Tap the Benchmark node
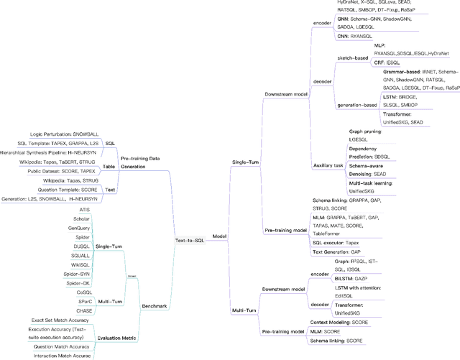pos(154,306)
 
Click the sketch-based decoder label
pos(353,56)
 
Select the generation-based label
pos(357,105)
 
